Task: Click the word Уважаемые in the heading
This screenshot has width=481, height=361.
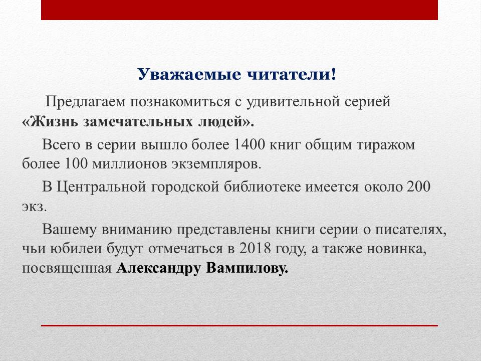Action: (x=189, y=75)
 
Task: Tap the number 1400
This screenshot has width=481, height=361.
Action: (x=249, y=144)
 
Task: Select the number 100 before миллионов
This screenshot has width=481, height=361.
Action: (x=76, y=163)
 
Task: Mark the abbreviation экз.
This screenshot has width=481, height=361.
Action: (x=34, y=207)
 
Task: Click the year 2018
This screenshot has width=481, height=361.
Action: (x=255, y=248)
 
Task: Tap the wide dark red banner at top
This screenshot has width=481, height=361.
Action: (x=239, y=10)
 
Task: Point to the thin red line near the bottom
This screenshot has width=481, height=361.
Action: (x=239, y=325)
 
